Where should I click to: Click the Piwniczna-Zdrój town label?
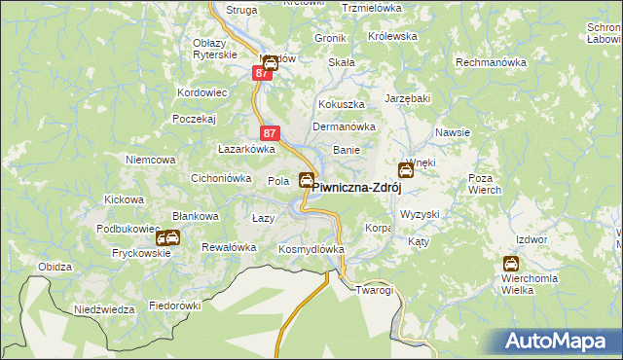coord(356,190)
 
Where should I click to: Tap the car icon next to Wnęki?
coord(406,171)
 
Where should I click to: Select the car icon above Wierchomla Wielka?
coord(511,264)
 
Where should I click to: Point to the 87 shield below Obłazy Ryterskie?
coord(263,73)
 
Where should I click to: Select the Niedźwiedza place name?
coord(104,309)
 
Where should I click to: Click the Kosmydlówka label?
coord(311,249)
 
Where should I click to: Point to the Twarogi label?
coord(374,290)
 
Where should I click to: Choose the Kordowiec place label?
coord(202,93)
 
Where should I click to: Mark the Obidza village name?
coord(55,267)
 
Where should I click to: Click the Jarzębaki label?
coord(407,98)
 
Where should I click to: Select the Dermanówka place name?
coord(343,126)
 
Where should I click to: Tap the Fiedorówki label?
coord(174,305)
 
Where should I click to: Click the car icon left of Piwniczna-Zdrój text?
coord(307,180)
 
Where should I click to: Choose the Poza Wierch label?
coord(484,185)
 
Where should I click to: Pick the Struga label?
coord(241,10)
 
